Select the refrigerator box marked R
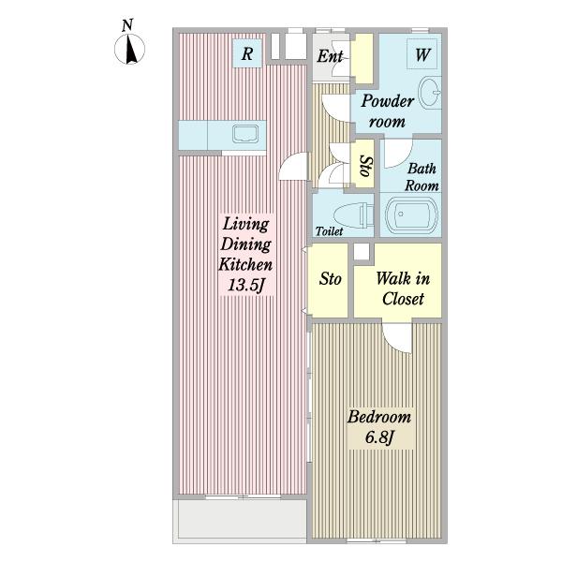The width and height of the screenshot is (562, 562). [x=247, y=53]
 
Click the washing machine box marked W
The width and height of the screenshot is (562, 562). [x=422, y=53]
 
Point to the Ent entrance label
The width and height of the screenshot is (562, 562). [x=330, y=56]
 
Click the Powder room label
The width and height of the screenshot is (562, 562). [x=387, y=111]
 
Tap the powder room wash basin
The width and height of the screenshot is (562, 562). [x=430, y=93]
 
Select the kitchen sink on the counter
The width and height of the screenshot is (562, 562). [x=245, y=134]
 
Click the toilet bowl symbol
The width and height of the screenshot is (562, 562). [x=353, y=215]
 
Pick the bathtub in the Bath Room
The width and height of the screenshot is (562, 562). [x=411, y=214]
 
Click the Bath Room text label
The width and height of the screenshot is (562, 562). [x=421, y=177]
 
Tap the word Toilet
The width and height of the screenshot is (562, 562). [x=329, y=231]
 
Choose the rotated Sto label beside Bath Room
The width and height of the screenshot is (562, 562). [x=365, y=166]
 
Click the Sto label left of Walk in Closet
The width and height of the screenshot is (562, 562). [x=330, y=279]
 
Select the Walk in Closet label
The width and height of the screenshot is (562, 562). [x=403, y=288]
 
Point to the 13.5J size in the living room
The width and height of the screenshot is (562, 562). [x=246, y=286]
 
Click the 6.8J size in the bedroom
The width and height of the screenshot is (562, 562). [x=379, y=437]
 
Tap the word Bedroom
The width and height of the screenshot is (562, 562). [x=379, y=417]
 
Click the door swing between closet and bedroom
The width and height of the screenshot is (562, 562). [x=396, y=338]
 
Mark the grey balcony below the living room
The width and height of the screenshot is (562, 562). [x=240, y=519]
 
